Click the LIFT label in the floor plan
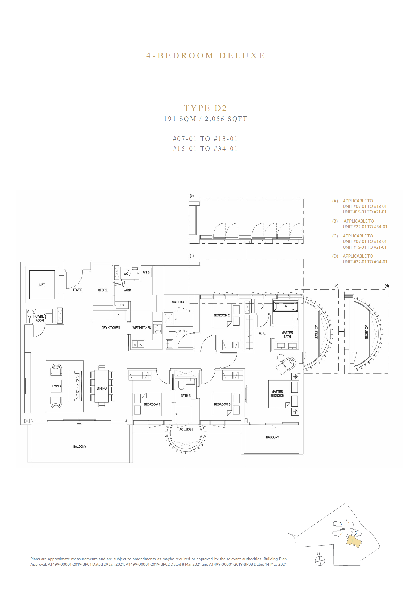[x=42, y=285]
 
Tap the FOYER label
[x=77, y=290]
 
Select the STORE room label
[x=103, y=290]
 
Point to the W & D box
[x=146, y=273]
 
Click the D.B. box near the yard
[x=122, y=305]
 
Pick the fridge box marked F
[x=118, y=315]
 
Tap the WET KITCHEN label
[x=142, y=328]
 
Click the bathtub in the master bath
[x=286, y=306]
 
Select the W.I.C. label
[x=262, y=333]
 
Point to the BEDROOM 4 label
[x=152, y=404]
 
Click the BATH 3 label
[x=186, y=396]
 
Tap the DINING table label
[x=102, y=388]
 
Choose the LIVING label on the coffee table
[x=56, y=386]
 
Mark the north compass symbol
[x=320, y=561]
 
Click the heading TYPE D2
[x=205, y=108]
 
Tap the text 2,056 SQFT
[x=226, y=119]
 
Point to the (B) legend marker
[x=335, y=221]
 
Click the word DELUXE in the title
[x=242, y=55]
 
